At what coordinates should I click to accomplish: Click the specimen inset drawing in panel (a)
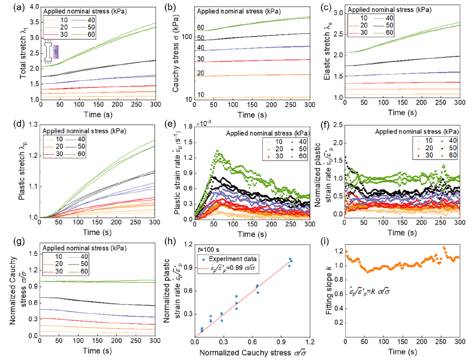pos(53,54)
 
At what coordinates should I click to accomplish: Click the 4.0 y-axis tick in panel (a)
pos(31,8)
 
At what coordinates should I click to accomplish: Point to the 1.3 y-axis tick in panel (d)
pos(31,126)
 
